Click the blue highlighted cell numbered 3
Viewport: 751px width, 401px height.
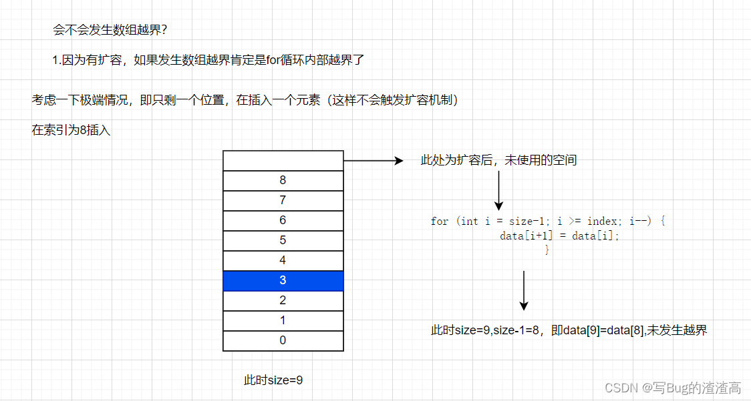coord(283,281)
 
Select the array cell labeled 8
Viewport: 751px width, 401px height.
coord(283,181)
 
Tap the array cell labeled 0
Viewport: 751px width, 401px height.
coord(283,341)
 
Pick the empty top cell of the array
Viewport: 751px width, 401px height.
coord(283,161)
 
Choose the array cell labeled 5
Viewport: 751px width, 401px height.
coord(283,241)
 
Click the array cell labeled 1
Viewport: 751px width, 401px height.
coord(283,321)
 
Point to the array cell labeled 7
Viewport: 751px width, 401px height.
coord(283,201)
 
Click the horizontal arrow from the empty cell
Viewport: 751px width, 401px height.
coord(373,161)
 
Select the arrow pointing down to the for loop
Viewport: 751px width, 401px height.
coord(498,191)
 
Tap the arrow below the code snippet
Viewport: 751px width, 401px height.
coord(524,290)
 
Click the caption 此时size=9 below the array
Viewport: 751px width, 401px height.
coord(273,380)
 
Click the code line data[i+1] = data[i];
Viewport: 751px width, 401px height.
coord(559,236)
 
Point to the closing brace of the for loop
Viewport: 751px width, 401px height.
coord(547,250)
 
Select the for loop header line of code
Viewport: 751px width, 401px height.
coord(548,222)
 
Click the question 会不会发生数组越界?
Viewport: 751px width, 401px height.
coord(110,30)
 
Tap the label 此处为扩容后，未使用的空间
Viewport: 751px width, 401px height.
coord(498,160)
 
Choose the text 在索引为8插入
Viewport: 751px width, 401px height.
coord(71,131)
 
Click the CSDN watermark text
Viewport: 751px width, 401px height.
coord(673,388)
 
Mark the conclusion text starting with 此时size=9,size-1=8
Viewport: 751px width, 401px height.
coord(569,330)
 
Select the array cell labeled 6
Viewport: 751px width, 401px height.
coord(283,221)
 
